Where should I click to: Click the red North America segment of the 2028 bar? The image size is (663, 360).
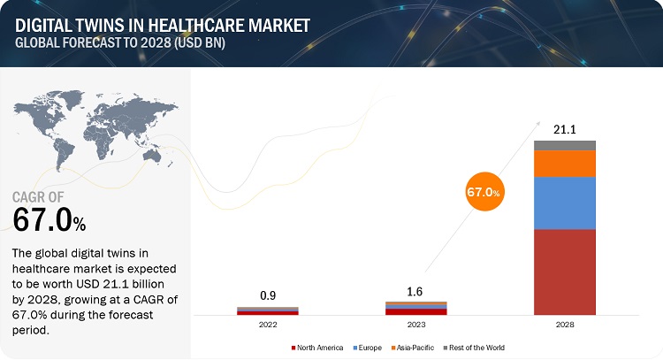pos(564,272)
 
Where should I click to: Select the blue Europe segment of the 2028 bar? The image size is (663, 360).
pos(564,203)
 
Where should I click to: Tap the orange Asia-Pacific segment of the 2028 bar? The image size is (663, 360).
pos(564,163)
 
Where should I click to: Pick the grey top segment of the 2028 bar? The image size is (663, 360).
pos(564,145)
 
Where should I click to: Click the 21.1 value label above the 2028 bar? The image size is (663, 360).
pos(564,130)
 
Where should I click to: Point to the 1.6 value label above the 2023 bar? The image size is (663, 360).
pos(415,292)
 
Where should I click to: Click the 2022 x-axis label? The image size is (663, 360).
pos(268,324)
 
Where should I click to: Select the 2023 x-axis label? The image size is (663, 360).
pos(415,324)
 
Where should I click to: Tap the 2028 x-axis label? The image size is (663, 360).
pos(564,324)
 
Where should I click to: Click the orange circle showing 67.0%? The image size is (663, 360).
pos(484,191)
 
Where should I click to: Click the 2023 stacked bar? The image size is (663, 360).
pos(415,308)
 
